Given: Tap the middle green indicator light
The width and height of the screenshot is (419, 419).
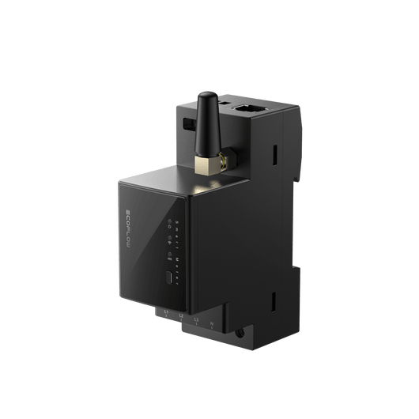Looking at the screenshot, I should tap(170, 236).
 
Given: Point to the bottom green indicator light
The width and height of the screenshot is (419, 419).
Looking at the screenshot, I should tap(170, 252).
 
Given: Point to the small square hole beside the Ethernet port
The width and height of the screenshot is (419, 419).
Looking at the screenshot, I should tap(225, 104).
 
